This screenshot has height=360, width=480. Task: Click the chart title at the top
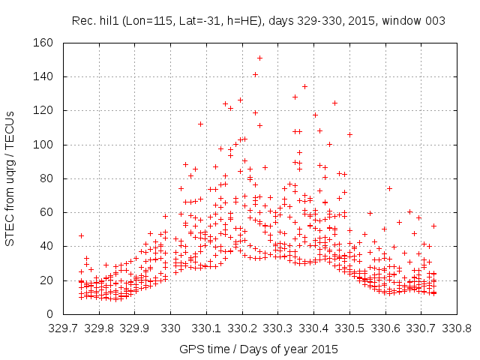click(258, 21)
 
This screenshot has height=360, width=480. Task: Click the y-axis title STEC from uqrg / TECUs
click(10, 178)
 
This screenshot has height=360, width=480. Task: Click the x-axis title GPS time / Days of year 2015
click(258, 349)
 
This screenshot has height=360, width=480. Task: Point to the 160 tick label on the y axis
click(42, 43)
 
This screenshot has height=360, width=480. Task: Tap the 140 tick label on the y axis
click(42, 76)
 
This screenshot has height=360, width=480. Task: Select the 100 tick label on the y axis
click(42, 145)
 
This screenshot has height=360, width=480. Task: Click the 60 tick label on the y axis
click(45, 212)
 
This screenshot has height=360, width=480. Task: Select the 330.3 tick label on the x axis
click(277, 327)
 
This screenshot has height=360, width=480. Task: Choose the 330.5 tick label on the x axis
click(348, 327)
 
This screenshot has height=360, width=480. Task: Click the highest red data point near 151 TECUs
click(259, 58)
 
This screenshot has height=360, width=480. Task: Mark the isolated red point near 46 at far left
click(81, 235)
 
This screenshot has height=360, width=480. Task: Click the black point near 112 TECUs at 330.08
click(200, 124)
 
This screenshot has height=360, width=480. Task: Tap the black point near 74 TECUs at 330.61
click(389, 188)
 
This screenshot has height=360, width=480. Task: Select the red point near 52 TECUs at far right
click(433, 226)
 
